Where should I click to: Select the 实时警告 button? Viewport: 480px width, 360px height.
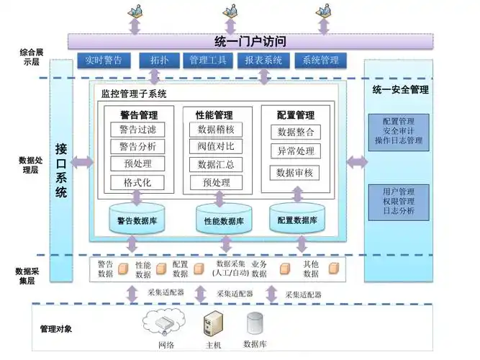(x=104, y=60)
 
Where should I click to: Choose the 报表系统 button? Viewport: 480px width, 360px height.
(x=263, y=60)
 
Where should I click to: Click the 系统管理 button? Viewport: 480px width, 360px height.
(x=320, y=60)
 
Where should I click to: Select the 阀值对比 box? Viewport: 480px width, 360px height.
(x=215, y=147)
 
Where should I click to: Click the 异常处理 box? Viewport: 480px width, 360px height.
(x=295, y=151)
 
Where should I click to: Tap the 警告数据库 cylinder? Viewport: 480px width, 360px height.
(x=138, y=219)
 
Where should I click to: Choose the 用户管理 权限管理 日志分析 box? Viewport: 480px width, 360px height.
(x=398, y=202)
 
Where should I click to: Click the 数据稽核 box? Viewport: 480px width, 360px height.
(x=215, y=130)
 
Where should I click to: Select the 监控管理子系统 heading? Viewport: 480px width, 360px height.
(x=134, y=94)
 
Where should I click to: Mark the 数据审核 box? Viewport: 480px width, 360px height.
(x=295, y=173)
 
